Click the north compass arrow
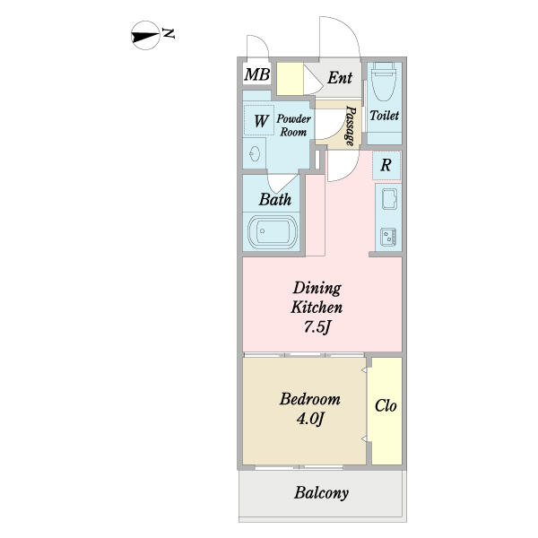click(x=144, y=37)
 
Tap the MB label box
click(x=256, y=74)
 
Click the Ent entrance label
click(x=339, y=77)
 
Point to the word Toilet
click(x=384, y=116)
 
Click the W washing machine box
click(x=261, y=119)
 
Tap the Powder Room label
click(x=293, y=125)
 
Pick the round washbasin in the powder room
click(x=255, y=152)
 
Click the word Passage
click(x=350, y=125)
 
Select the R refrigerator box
click(x=386, y=165)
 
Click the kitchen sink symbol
click(x=389, y=199)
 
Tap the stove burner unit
click(x=389, y=237)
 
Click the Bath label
click(x=274, y=199)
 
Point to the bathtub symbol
click(x=272, y=234)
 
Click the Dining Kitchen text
click(x=317, y=298)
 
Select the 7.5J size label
click(x=317, y=326)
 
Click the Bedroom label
click(x=309, y=399)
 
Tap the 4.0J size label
click(x=309, y=419)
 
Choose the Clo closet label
click(x=386, y=405)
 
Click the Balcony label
click(x=321, y=492)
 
